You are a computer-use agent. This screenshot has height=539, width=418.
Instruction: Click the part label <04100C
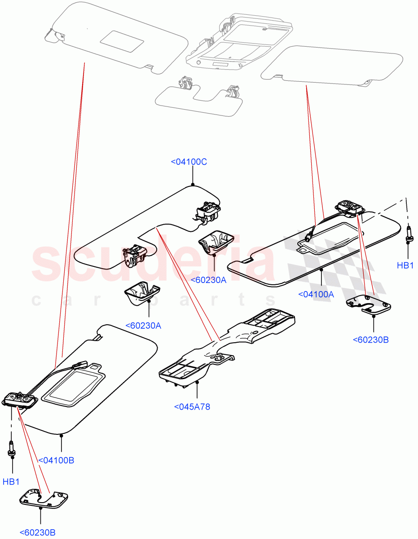(x=189, y=162)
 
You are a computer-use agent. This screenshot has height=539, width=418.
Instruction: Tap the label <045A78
(x=192, y=407)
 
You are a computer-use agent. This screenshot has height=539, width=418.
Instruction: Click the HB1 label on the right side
(x=405, y=265)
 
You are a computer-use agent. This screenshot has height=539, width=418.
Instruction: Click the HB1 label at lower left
(x=11, y=482)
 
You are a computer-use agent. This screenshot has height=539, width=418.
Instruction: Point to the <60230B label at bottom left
(x=37, y=533)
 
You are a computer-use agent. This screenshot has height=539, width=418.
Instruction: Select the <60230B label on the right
(x=370, y=340)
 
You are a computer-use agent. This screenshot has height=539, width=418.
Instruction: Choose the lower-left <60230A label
(x=143, y=325)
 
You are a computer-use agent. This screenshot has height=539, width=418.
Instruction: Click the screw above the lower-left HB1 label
(x=11, y=450)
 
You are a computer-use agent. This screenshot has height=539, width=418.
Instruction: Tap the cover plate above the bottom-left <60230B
(x=44, y=499)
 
